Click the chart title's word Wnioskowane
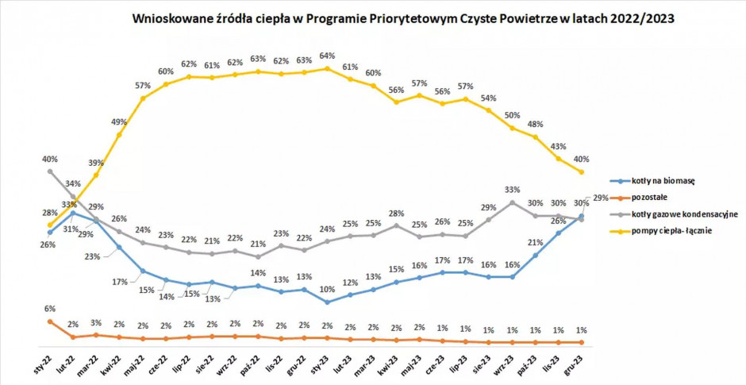pos(163,19)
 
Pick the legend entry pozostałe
pos(652,198)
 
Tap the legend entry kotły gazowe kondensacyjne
pos(685,214)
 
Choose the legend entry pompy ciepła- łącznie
pos(671,231)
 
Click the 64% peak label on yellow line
pos(327,56)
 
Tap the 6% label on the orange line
pos(49,308)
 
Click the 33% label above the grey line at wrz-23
pos(513,190)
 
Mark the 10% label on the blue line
pos(327,289)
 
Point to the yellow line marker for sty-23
pos(327,68)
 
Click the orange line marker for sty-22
pos(50,321)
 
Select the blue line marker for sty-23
pos(327,302)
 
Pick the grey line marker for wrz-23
pos(513,202)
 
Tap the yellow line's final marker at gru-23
pos(583,172)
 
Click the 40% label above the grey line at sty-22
pos(49,158)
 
